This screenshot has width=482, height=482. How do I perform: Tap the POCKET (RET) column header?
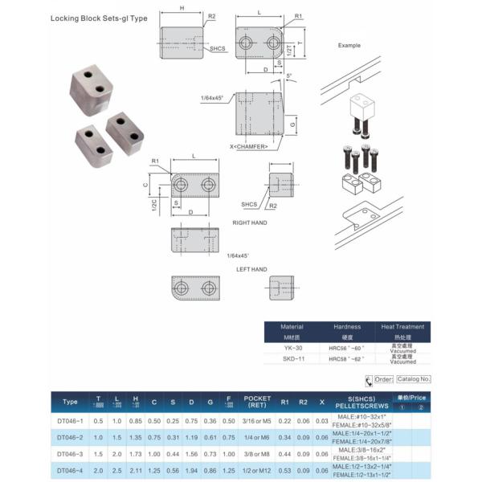click(259, 402)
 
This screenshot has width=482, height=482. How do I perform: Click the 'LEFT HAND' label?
click(251, 269)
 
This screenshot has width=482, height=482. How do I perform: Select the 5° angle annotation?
click(290, 76)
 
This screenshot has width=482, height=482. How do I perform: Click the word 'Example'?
click(350, 46)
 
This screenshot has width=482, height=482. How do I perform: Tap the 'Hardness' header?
click(348, 327)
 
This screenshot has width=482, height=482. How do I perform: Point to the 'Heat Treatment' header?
click(402, 327)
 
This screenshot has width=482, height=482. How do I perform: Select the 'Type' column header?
click(70, 402)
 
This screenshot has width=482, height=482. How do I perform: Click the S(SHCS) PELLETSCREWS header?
click(361, 402)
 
